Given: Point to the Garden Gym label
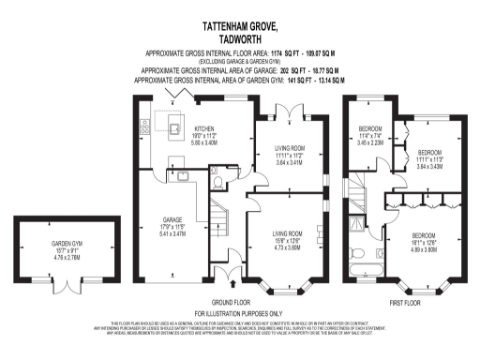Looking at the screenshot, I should click(x=67, y=247).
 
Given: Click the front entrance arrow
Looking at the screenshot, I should click(x=232, y=275).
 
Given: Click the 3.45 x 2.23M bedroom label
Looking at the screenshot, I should click(x=370, y=142).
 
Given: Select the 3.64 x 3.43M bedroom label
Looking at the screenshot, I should click(x=429, y=162).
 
